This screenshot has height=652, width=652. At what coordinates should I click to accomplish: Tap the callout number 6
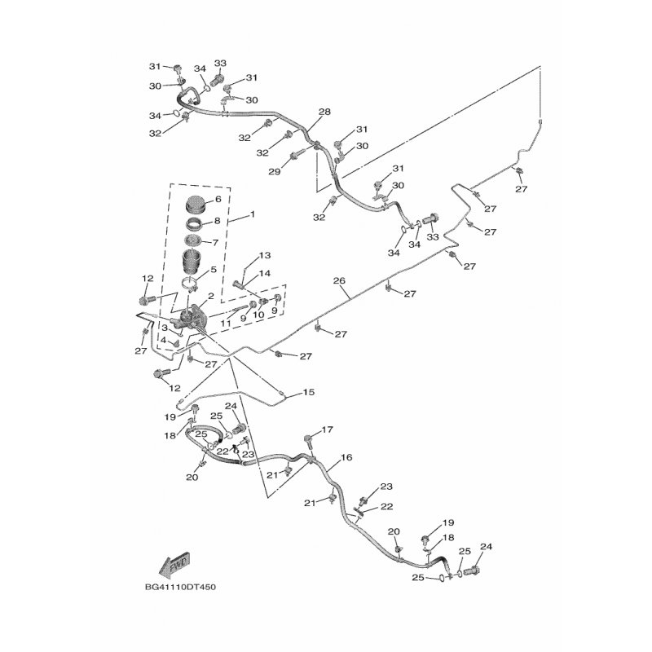click(218, 200)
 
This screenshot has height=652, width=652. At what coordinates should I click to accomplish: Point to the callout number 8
click(218, 221)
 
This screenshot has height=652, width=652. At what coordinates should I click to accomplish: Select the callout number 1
click(253, 214)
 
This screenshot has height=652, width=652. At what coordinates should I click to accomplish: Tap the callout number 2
click(210, 297)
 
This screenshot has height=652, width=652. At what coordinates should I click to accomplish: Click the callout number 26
click(339, 281)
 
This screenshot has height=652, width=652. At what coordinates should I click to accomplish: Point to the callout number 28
click(324, 112)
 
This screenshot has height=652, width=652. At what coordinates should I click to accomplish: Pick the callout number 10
click(258, 315)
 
